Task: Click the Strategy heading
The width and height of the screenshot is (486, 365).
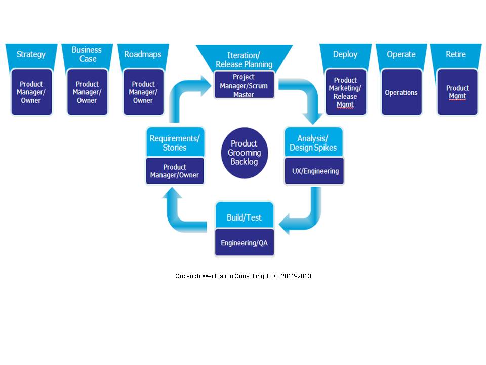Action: tap(31, 54)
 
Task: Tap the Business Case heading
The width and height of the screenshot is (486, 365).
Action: tap(87, 54)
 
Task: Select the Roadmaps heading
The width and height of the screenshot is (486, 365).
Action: tap(143, 54)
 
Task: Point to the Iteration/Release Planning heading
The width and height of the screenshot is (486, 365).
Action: tap(244, 60)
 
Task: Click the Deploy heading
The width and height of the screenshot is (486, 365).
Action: tap(345, 54)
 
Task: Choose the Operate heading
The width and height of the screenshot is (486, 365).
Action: tap(401, 54)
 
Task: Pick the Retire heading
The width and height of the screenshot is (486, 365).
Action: tap(456, 54)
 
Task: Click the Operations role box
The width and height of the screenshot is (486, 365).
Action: tap(401, 93)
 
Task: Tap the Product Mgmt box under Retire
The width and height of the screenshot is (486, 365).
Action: tap(457, 92)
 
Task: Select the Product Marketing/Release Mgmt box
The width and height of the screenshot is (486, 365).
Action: tap(345, 92)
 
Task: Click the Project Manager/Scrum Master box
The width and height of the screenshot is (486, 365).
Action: tap(244, 86)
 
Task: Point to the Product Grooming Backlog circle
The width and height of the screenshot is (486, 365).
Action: tap(244, 153)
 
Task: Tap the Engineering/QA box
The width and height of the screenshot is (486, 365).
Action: tap(244, 243)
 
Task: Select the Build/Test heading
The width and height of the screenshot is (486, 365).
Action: tap(244, 217)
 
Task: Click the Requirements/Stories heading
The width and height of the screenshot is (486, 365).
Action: tap(175, 142)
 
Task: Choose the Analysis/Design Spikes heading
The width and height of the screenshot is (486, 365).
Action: tap(313, 142)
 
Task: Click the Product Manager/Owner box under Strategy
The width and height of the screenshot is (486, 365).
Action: tap(31, 92)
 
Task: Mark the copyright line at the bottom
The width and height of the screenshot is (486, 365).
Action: tap(243, 276)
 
